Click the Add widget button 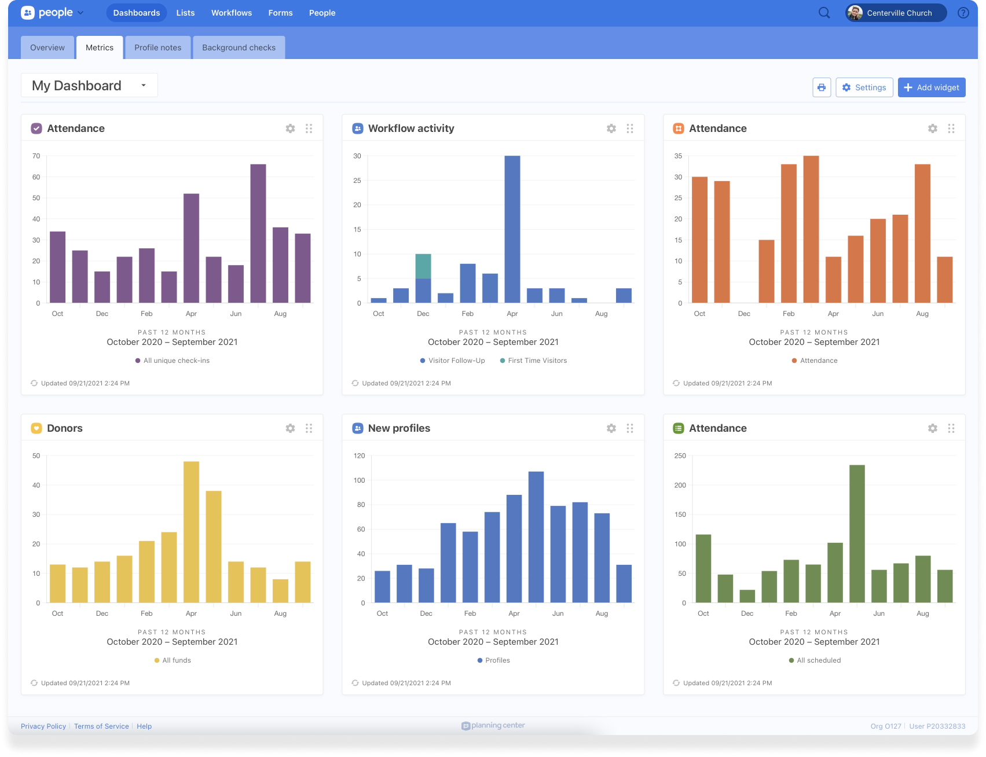(x=931, y=87)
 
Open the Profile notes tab (x=157, y=47)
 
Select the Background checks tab (x=239, y=47)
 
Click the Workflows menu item (x=231, y=13)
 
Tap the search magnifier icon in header (x=824, y=13)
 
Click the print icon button (x=821, y=87)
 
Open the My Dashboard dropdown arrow (x=144, y=86)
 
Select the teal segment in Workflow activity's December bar (x=423, y=266)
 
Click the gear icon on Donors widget (x=290, y=428)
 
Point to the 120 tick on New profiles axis (x=359, y=456)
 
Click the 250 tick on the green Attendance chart (x=680, y=456)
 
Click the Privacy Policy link (x=43, y=726)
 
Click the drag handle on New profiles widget (x=630, y=428)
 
